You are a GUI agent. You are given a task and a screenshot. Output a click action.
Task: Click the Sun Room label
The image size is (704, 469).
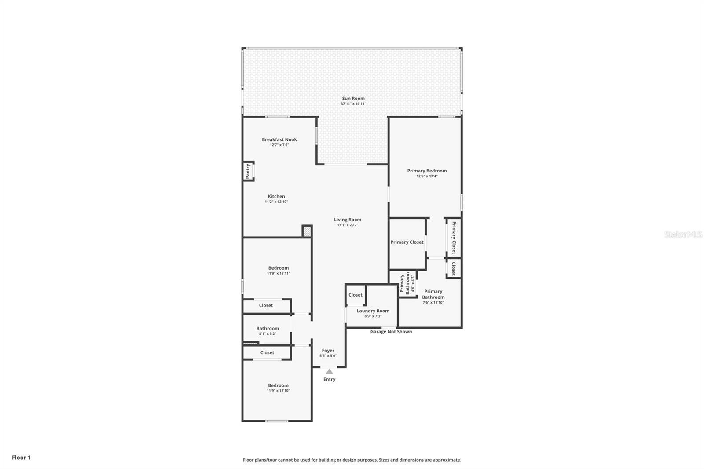pos(353,99)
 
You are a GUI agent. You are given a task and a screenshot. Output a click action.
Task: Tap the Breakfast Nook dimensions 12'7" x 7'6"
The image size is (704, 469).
pos(279,145)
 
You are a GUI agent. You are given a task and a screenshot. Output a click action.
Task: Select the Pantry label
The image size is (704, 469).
pos(248,171)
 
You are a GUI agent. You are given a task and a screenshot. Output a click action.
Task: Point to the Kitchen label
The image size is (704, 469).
pos(276,196)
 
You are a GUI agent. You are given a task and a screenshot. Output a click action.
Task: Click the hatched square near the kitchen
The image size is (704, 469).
pos(307,231)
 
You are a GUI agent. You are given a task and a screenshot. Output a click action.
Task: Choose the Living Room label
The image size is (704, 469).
pos(348,220)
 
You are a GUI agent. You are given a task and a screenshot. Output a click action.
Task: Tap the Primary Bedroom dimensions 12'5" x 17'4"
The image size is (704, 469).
pos(427,176)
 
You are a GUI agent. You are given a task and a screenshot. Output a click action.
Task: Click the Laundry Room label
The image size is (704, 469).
pos(373,311)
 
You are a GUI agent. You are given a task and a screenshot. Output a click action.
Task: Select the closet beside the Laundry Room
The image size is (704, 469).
pos(356,295)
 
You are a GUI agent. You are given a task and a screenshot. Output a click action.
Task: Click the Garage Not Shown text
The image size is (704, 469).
pos(391,332)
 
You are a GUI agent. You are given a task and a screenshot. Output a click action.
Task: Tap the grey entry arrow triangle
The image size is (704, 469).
pos(329,371)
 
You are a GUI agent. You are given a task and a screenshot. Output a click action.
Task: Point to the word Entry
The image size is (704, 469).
pos(329,379)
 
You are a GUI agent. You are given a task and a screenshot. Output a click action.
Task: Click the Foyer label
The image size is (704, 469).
pos(328,351)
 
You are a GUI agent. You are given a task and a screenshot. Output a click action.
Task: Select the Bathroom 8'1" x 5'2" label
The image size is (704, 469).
pos(268,328)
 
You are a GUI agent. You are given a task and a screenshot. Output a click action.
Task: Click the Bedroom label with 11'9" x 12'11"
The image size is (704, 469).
pos(279,268)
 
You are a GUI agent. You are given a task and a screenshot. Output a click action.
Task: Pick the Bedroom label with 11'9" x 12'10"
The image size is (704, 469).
pos(279,385)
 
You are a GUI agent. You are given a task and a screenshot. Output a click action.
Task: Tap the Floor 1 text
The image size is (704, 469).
pos(21,458)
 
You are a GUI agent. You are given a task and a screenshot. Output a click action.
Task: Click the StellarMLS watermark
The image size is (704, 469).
pos(683,235)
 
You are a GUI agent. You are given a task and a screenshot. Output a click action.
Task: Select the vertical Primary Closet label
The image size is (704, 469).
pos(454,238)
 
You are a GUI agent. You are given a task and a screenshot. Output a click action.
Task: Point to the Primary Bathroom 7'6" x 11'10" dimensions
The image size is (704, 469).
pos(433,302)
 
